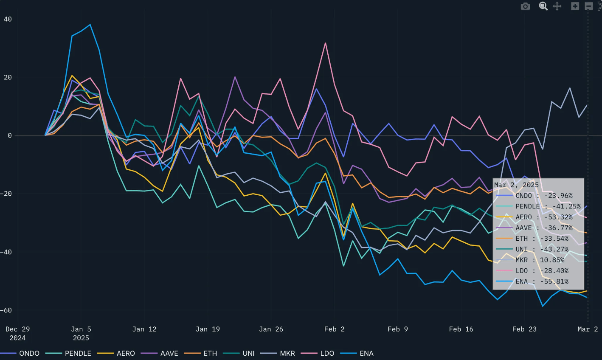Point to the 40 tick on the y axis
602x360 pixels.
click(8, 19)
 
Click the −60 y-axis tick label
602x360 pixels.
click(6, 310)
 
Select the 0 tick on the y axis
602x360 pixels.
click(10, 135)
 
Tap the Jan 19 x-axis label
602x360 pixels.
click(208, 329)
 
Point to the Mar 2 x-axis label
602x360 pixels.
click(588, 329)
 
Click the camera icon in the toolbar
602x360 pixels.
click(526, 6)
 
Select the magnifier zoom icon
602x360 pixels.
click(543, 6)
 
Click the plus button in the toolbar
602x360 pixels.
click(575, 6)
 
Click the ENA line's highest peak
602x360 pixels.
click(90, 25)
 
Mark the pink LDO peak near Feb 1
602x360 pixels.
click(326, 43)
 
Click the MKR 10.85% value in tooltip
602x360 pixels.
click(552, 260)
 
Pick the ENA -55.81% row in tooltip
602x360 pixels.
click(542, 281)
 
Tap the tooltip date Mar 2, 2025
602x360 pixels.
click(516, 185)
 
